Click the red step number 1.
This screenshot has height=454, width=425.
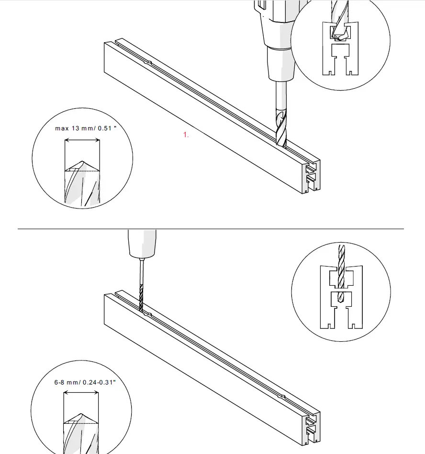(186, 135)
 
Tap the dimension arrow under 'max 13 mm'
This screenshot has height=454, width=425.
(82, 140)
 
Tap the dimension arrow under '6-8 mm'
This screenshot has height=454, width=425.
(81, 393)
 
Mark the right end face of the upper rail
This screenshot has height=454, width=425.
(311, 177)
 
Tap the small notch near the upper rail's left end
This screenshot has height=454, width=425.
(148, 62)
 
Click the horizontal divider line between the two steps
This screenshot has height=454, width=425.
(211, 229)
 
